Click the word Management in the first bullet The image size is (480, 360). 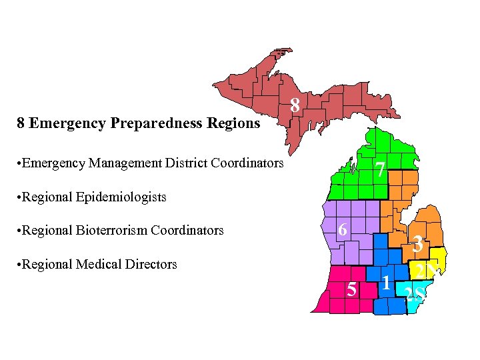pyautogui.click(x=117, y=163)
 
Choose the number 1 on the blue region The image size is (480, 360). pyautogui.click(x=386, y=283)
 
